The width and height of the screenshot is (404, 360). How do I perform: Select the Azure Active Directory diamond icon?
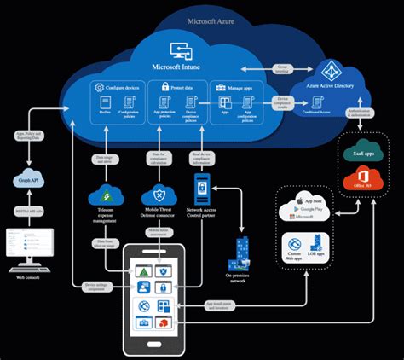click(329, 72)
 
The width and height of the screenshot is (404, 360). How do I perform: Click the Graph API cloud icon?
click(25, 180)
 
